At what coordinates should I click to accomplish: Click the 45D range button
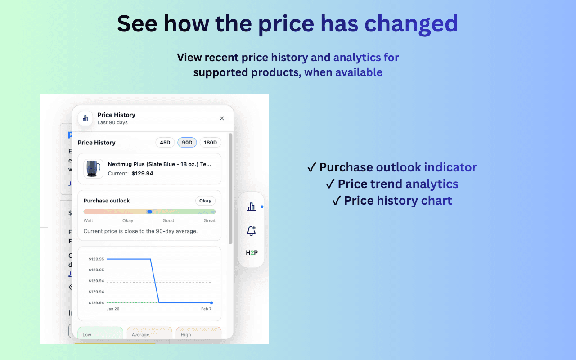click(x=165, y=143)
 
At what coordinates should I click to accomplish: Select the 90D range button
click(x=187, y=143)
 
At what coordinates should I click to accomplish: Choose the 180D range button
click(x=210, y=143)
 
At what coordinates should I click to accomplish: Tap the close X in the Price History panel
click(x=222, y=118)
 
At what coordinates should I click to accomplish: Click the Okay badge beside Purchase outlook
click(x=205, y=201)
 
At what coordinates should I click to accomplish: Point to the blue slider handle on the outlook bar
click(x=150, y=211)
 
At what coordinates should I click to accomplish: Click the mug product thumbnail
click(x=94, y=169)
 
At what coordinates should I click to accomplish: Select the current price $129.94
click(x=142, y=173)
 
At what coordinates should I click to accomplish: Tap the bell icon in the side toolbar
click(x=251, y=231)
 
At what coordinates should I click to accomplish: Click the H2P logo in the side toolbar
click(x=252, y=252)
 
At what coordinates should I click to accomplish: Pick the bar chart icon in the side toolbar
click(x=251, y=207)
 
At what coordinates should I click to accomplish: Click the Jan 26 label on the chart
click(x=113, y=309)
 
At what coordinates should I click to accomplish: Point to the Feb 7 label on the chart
click(x=206, y=309)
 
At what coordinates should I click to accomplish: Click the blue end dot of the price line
click(x=211, y=303)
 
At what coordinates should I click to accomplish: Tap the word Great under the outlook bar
click(x=209, y=220)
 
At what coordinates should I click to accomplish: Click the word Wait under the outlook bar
click(x=88, y=220)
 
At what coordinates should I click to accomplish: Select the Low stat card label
click(x=87, y=335)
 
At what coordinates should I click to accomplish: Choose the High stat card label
click(x=186, y=335)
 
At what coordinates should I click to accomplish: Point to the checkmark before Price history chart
click(x=337, y=201)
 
